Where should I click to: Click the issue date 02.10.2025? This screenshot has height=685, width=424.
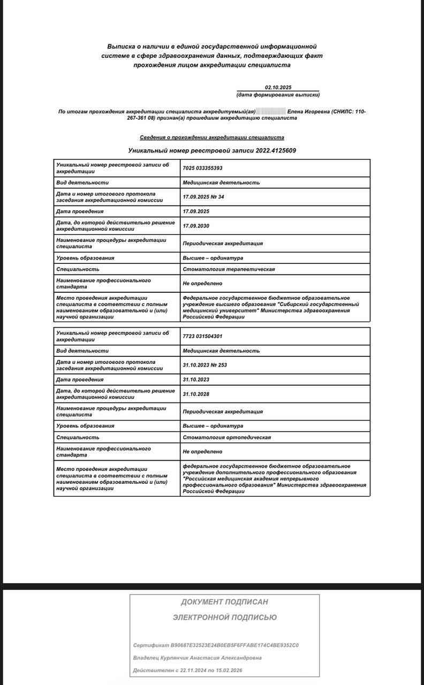coord(278,87)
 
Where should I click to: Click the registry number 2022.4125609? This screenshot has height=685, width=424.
coord(276,150)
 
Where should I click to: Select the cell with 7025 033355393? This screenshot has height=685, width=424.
coord(202,168)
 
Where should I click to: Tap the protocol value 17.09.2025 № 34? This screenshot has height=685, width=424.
coord(203,197)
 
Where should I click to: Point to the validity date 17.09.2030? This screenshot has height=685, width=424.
coord(196,226)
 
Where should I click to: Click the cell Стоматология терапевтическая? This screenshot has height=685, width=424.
coord(229,269)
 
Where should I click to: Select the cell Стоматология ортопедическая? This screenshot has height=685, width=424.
coord(226,437)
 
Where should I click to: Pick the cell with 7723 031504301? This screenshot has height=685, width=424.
coord(202,336)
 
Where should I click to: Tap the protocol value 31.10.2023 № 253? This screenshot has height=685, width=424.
coord(205,365)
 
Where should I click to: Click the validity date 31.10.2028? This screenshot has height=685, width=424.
coord(196,394)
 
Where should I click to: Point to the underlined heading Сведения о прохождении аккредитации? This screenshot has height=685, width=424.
coord(212,138)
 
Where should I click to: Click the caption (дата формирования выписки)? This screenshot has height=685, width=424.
coord(278,95)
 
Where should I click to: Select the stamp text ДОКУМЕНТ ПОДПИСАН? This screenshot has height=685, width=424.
coord(224,602)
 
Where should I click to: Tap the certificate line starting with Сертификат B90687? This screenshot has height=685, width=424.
coord(216,645)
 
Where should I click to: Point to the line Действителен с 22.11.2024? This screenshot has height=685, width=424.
coord(190,671)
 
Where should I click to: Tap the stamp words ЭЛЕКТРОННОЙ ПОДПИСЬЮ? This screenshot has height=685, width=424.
coord(224,618)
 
